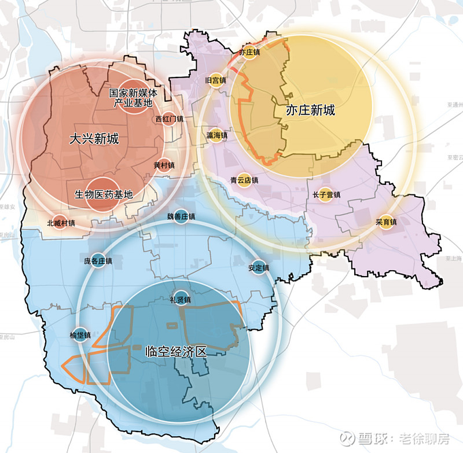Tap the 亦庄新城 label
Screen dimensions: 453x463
coord(310,110)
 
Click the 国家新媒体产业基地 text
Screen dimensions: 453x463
coord(133,98)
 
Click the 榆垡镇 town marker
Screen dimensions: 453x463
coord(80,335)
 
